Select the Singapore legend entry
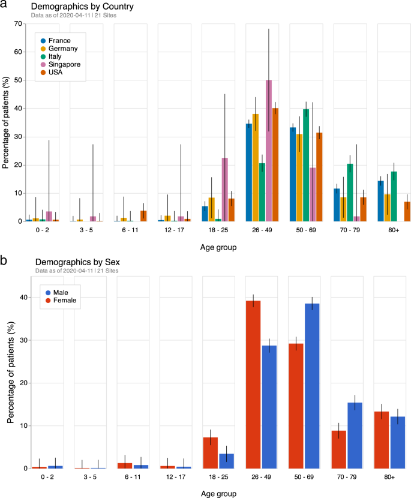[64, 64]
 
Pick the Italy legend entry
[55, 56]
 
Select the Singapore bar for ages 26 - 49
[269, 151]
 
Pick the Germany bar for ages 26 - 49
[255, 167]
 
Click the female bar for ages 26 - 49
[253, 384]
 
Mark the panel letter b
[4, 261]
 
